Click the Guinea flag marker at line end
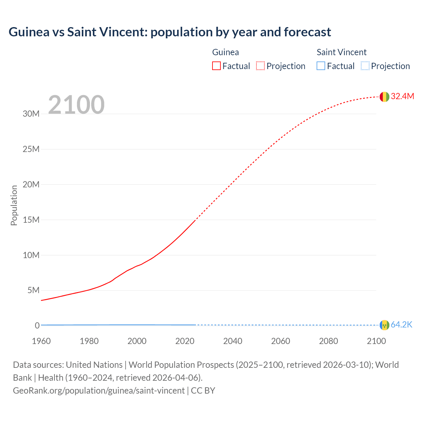[384, 96]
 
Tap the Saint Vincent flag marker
[384, 325]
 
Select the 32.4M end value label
[402, 96]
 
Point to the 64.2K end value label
[402, 325]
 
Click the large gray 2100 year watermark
[76, 105]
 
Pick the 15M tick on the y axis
[31, 220]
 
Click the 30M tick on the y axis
[31, 114]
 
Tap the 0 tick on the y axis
[37, 326]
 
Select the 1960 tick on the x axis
[41, 341]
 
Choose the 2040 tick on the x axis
[233, 341]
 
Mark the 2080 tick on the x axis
[328, 341]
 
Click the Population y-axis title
[14, 205]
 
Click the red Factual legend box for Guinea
[216, 66]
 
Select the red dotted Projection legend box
[260, 66]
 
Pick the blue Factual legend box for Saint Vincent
[321, 66]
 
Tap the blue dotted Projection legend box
[365, 66]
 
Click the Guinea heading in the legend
[225, 52]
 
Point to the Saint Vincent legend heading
[341, 52]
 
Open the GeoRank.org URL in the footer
[99, 391]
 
